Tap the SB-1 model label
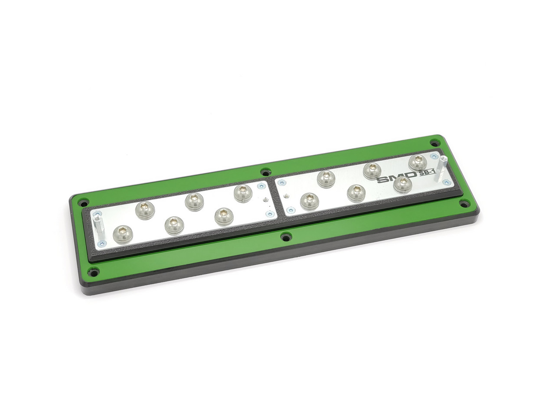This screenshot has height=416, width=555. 427,174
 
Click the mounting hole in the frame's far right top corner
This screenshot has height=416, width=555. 434,143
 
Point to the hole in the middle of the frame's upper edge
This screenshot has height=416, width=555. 265,172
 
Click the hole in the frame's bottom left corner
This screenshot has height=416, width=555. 92,272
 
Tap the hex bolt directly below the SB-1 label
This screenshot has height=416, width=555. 402,184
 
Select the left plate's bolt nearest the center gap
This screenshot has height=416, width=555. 243,192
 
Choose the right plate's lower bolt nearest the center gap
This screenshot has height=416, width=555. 309,201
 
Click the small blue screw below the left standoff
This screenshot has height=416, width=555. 101,244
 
